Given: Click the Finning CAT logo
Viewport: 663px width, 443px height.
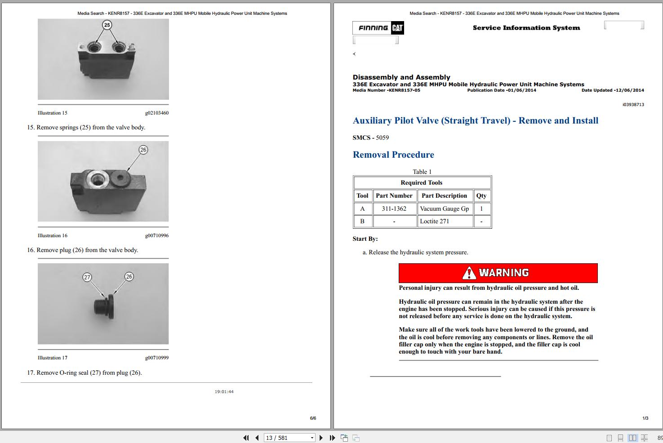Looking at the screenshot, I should pyautogui.click(x=378, y=28).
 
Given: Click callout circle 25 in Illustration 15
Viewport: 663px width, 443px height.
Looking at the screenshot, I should pyautogui.click(x=107, y=25).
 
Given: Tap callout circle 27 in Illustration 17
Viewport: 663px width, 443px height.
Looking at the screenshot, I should pyautogui.click(x=87, y=277).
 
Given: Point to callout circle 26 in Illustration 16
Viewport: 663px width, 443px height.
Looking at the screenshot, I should pyautogui.click(x=143, y=150).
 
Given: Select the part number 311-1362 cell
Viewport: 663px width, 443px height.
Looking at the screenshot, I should pyautogui.click(x=394, y=208).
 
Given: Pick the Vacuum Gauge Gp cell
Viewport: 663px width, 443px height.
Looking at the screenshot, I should pyautogui.click(x=445, y=208).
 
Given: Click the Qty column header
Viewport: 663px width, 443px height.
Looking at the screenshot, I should pyautogui.click(x=481, y=195).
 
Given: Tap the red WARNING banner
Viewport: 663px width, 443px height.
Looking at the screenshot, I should pyautogui.click(x=498, y=273).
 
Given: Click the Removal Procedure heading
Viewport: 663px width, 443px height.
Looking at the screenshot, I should pyautogui.click(x=393, y=155).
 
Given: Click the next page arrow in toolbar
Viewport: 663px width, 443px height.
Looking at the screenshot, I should pyautogui.click(x=321, y=438).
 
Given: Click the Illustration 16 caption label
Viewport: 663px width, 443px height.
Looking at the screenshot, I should pyautogui.click(x=53, y=235).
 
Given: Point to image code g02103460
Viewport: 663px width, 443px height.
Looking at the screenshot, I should pyautogui.click(x=156, y=113).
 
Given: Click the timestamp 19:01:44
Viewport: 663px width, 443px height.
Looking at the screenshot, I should pyautogui.click(x=224, y=392).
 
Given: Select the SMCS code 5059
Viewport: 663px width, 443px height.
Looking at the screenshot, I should pyautogui.click(x=382, y=137).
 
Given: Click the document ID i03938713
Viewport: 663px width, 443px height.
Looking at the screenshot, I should pyautogui.click(x=633, y=105).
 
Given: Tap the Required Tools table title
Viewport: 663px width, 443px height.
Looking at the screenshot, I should pyautogui.click(x=421, y=182).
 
